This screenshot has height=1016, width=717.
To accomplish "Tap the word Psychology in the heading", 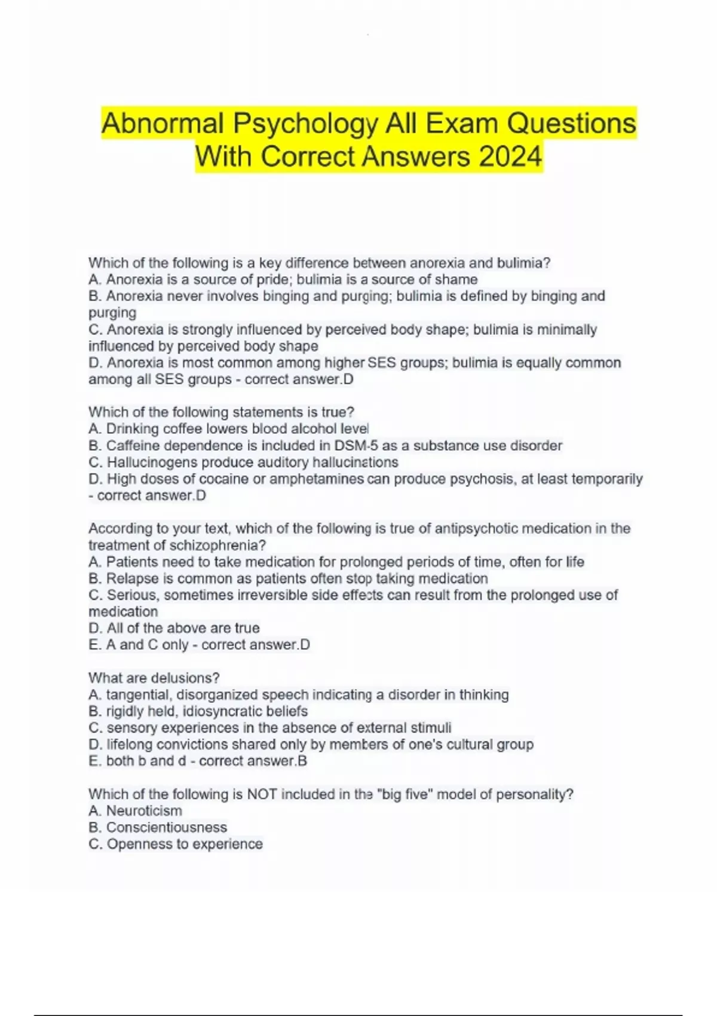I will click(305, 124).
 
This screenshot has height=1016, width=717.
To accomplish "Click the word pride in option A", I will click(273, 280).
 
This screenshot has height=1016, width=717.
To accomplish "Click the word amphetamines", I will click(317, 479).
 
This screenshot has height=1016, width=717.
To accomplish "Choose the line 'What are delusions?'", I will click(154, 678).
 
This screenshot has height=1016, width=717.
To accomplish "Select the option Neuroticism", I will click(144, 811).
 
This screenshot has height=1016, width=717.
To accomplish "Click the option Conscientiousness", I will click(167, 828).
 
